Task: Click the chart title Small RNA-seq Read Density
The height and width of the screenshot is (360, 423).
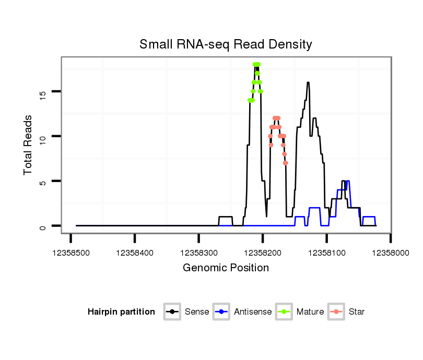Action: pyautogui.click(x=226, y=44)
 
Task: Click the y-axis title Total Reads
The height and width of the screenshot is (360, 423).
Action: pyautogui.click(x=28, y=145)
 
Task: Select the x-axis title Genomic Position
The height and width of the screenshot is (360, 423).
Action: pyautogui.click(x=226, y=268)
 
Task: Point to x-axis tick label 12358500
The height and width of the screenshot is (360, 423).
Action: pyautogui.click(x=70, y=253)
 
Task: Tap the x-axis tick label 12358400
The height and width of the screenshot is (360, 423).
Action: pyautogui.click(x=135, y=253)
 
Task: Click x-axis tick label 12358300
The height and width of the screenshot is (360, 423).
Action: pyautogui.click(x=198, y=253)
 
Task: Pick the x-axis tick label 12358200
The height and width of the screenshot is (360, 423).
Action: pyautogui.click(x=263, y=253)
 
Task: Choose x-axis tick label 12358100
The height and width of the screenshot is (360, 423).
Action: pyautogui.click(x=326, y=253)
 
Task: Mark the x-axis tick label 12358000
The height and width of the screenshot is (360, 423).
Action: pyautogui.click(x=391, y=253)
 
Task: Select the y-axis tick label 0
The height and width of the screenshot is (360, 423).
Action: pyautogui.click(x=43, y=226)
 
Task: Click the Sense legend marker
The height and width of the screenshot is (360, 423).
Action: pyautogui.click(x=172, y=312)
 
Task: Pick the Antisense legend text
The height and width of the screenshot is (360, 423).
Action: pyautogui.click(x=253, y=312)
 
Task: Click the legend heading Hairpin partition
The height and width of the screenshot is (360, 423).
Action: pyautogui.click(x=121, y=312)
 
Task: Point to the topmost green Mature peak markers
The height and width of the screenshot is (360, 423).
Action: pyautogui.click(x=256, y=65)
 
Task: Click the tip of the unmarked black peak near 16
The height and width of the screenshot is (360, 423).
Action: pyautogui.click(x=308, y=82)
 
